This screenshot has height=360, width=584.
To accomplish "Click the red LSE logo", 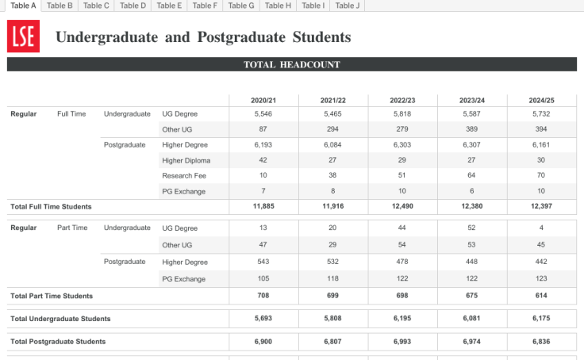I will coord(21,36).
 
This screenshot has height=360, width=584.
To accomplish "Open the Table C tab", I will coord(96,6).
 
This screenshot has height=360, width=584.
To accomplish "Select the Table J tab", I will coord(348,6).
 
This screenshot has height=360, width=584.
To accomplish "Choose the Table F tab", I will coord(205,6).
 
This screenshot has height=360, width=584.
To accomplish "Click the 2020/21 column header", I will coord(263,100).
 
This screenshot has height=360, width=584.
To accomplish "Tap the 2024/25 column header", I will coord(541,100).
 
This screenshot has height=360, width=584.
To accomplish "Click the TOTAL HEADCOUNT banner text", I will coord(291,65).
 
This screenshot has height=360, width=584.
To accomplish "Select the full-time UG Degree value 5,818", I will coord(402,114).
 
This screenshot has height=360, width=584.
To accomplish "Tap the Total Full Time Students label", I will coord(51,206).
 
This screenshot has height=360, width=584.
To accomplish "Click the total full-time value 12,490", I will coord(402,206).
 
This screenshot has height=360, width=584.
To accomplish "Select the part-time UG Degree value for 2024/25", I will coord(541,228).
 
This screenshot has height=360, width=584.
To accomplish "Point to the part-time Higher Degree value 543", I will coord(263,262).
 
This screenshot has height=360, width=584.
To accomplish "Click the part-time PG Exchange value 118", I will coord(332,278).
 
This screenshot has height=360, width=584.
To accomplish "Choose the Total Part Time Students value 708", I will coord(263,295).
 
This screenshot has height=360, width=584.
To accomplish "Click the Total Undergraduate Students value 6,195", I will coord(402,318).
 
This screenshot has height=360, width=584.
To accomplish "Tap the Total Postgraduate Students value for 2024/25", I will coord(541,341).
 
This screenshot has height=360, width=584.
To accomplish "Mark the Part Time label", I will coord(72,228).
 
